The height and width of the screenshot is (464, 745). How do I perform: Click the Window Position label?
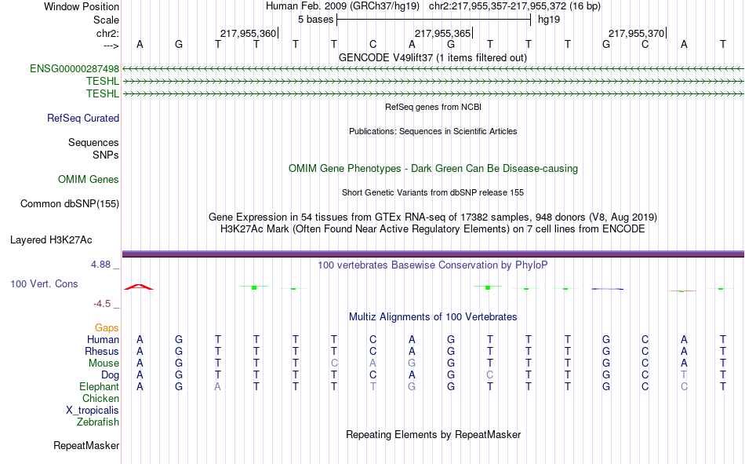tap(82, 6)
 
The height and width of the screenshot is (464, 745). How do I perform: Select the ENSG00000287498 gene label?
tap(74, 68)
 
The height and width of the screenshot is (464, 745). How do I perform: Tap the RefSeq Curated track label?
tap(83, 118)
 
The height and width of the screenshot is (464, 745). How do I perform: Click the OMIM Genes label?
tap(89, 180)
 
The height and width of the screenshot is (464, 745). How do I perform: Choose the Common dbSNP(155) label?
tap(70, 203)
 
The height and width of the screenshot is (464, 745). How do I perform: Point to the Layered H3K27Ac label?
tap(51, 240)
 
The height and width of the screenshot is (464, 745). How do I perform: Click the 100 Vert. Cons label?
tap(44, 283)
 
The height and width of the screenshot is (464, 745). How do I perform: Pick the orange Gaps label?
tap(107, 327)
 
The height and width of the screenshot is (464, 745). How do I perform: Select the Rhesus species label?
tap(102, 351)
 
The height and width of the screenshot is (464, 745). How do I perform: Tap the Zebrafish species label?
tap(98, 422)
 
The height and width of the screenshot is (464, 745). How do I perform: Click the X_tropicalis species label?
tap(93, 411)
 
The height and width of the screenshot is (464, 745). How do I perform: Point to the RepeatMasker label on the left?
tap(86, 445)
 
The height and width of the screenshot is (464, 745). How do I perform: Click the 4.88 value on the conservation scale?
tap(100, 264)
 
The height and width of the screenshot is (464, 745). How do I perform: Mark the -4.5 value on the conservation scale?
tap(102, 304)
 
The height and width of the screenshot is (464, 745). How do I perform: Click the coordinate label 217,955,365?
tap(442, 33)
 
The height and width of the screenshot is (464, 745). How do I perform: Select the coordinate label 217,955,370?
tap(636, 33)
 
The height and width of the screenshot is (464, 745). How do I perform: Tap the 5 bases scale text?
tap(315, 20)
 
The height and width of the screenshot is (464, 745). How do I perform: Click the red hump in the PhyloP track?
tap(139, 287)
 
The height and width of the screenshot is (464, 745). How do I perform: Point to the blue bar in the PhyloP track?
tap(607, 289)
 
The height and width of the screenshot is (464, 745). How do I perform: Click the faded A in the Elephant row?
tap(217, 386)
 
